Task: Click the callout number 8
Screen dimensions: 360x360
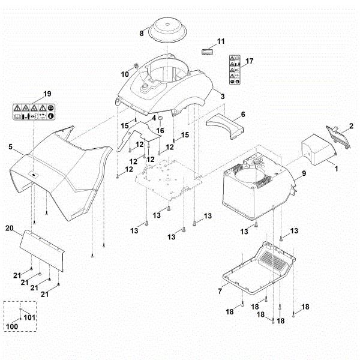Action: (142, 34)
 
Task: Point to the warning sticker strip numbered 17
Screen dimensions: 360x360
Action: (235, 71)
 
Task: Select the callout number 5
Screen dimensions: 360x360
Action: (10, 146)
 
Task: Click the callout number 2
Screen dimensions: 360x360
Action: (351, 125)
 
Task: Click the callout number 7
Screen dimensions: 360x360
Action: (220, 291)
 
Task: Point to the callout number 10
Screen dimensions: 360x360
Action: (125, 74)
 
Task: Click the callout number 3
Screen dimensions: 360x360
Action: (223, 96)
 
